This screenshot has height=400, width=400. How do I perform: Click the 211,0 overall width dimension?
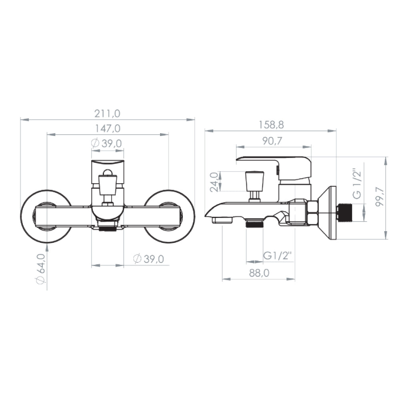(107, 114)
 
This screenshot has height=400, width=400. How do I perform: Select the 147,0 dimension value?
(108, 128)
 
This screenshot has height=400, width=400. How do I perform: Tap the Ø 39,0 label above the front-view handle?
(107, 144)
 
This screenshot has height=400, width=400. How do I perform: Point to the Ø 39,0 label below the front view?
(148, 259)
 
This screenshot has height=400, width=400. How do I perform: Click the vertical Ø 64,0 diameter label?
(41, 269)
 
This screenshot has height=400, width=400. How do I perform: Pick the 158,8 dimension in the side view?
(271, 125)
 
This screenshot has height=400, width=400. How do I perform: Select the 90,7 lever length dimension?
(272, 141)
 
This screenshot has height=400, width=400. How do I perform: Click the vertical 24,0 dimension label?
(214, 182)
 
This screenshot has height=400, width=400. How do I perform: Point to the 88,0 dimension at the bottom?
(259, 273)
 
